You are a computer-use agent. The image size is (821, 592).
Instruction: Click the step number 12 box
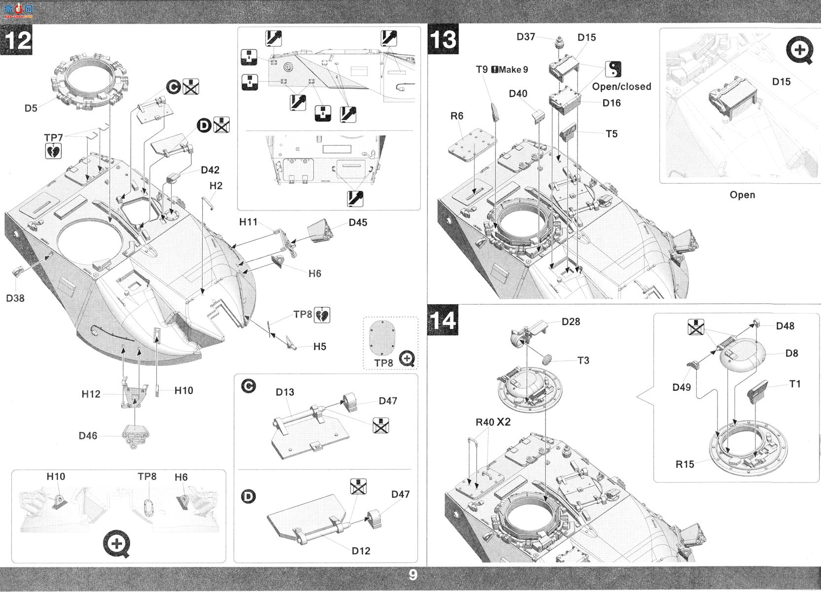16,39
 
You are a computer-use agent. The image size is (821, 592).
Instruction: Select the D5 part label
31,108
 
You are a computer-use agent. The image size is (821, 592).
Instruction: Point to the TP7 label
54,138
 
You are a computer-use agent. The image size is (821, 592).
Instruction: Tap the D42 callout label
210,170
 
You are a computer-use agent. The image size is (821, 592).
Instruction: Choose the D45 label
357,222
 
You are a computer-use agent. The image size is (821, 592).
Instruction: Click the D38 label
15,298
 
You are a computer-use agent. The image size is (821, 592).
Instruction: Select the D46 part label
88,436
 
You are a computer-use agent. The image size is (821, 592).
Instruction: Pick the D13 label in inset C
285,392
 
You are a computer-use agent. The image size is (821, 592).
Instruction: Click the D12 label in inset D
360,551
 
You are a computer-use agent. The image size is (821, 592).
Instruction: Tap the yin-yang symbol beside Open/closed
613,69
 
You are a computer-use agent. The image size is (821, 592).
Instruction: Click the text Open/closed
622,86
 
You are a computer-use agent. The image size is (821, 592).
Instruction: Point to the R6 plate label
457,116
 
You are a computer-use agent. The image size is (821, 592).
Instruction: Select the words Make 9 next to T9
513,69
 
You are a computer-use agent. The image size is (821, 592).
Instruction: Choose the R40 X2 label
493,422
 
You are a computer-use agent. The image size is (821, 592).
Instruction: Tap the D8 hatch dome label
792,353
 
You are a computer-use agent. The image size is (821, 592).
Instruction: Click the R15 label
684,464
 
